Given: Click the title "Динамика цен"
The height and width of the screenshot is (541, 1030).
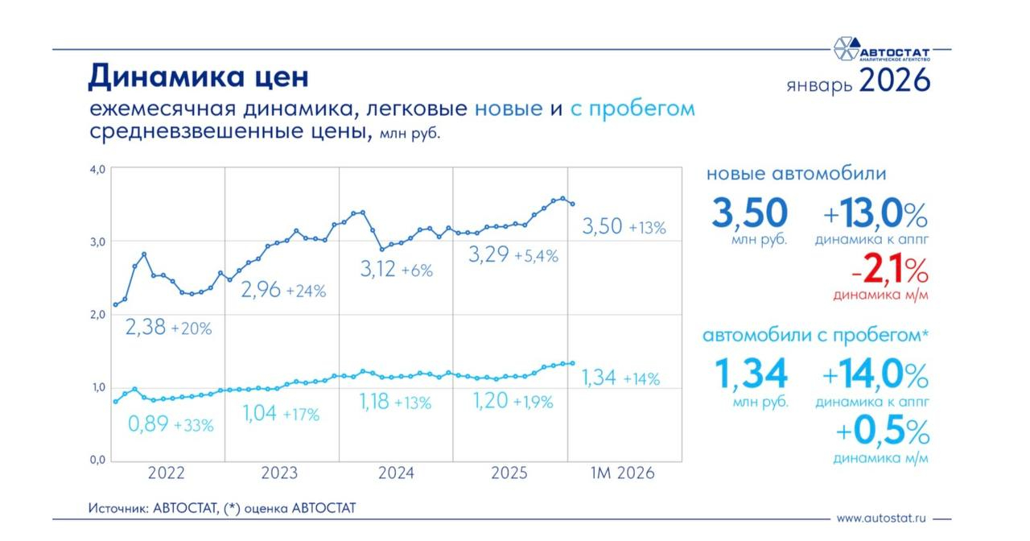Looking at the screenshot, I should pos(198,76).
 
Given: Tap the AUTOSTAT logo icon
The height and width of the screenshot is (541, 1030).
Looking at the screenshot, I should pos(846,49).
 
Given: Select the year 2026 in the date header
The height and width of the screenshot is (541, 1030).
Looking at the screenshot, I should pos(894,81).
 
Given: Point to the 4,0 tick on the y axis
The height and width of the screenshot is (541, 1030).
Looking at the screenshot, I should pos(97,169).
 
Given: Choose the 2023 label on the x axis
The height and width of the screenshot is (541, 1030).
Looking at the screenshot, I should pos(279,473).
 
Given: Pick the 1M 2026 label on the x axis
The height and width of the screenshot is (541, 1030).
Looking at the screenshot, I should pos(622,473).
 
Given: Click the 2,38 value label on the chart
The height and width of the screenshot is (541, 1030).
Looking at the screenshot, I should pos(145,328).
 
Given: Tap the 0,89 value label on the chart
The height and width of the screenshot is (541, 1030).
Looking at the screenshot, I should pos(148,424).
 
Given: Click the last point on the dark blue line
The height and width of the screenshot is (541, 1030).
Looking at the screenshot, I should pos(572,204).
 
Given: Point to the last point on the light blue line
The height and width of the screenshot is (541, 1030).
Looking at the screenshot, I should pos(572,363).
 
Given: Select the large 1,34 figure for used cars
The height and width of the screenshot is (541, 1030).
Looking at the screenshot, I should pos(751,374).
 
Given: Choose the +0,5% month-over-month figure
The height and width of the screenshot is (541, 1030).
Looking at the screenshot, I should pos(883,432).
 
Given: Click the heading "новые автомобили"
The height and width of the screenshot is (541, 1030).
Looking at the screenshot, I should pos(796,173).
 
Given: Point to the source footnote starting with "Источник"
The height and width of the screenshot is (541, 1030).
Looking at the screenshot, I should pos(221,508).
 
